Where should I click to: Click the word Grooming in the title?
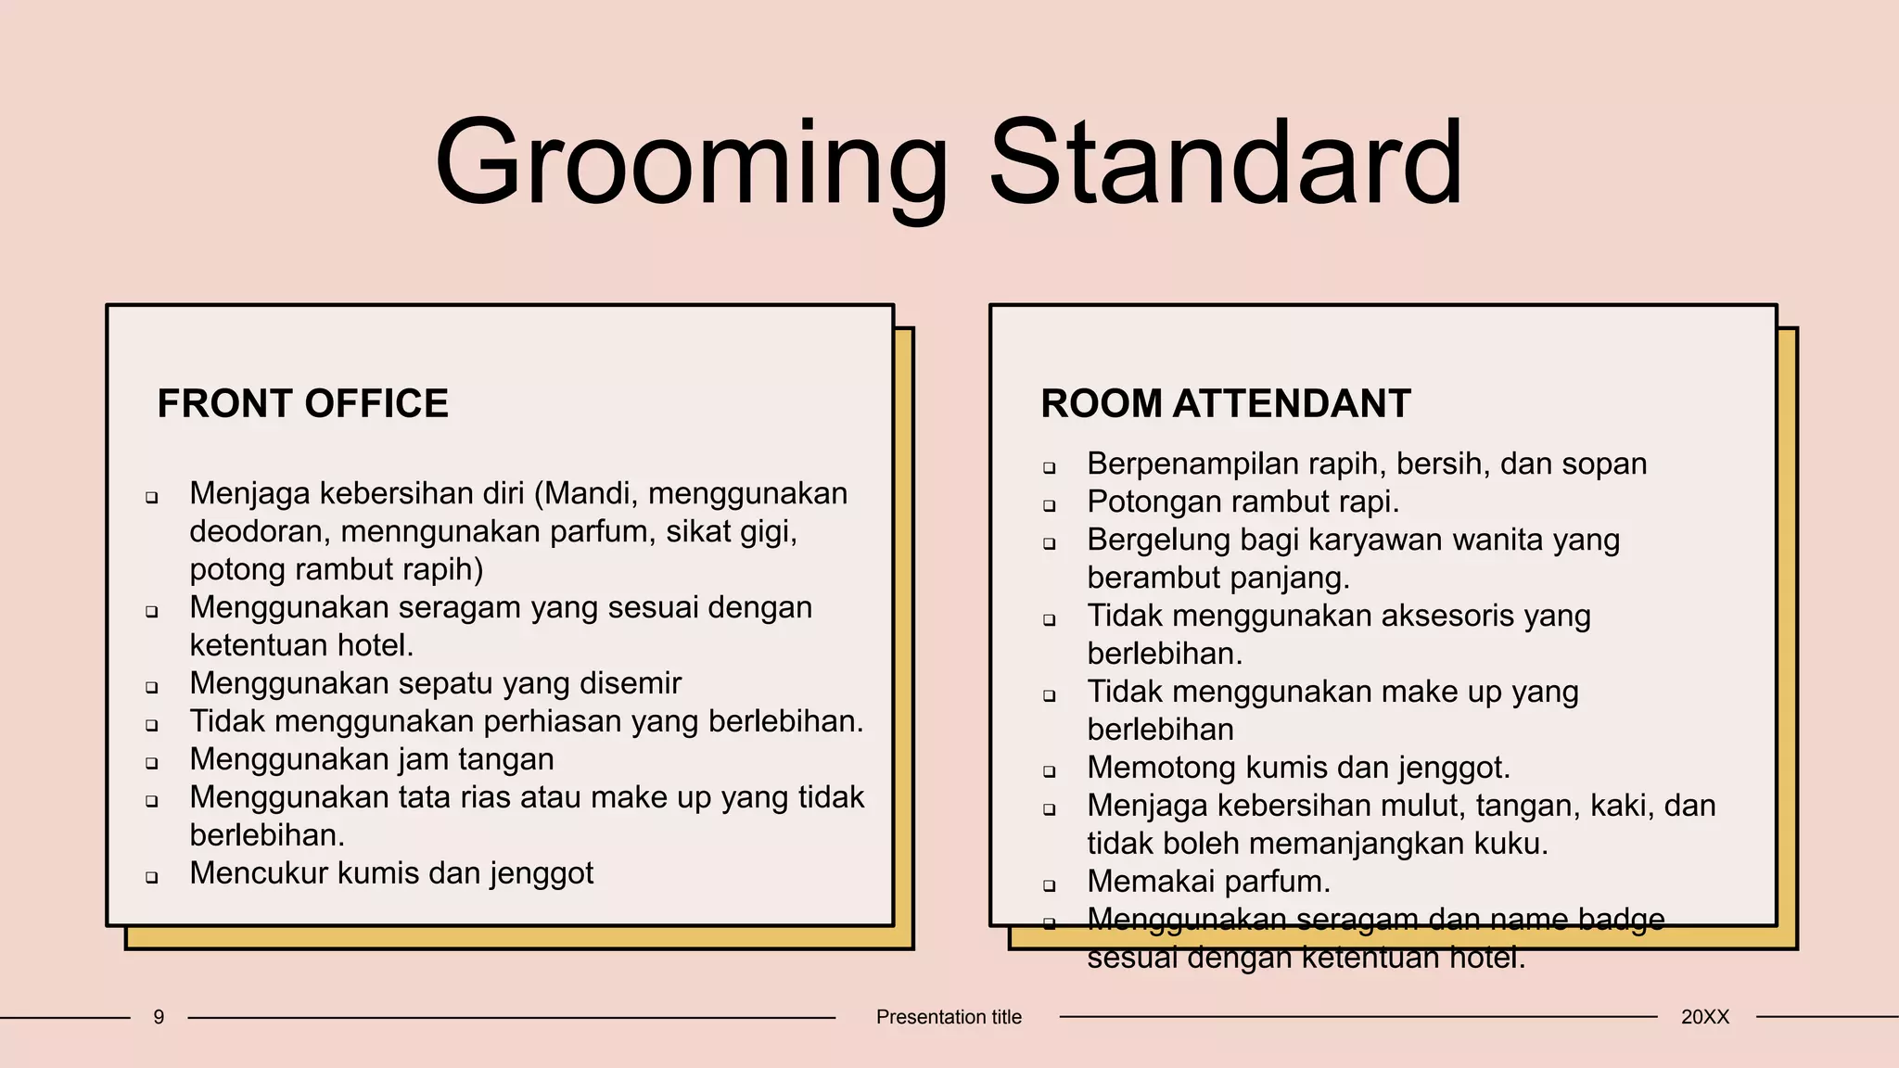point(691,164)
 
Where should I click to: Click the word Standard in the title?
point(1226,162)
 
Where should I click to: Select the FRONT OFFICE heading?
point(302,404)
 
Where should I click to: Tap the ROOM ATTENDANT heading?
point(1225,404)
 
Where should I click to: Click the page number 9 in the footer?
point(159,1017)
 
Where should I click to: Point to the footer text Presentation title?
point(949,1017)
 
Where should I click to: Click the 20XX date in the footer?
point(1704,1017)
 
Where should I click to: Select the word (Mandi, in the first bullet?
point(586,493)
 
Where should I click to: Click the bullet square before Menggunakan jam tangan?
point(152,763)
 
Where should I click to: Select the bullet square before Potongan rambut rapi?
point(1050,505)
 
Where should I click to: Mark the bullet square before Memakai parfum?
point(1050,885)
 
